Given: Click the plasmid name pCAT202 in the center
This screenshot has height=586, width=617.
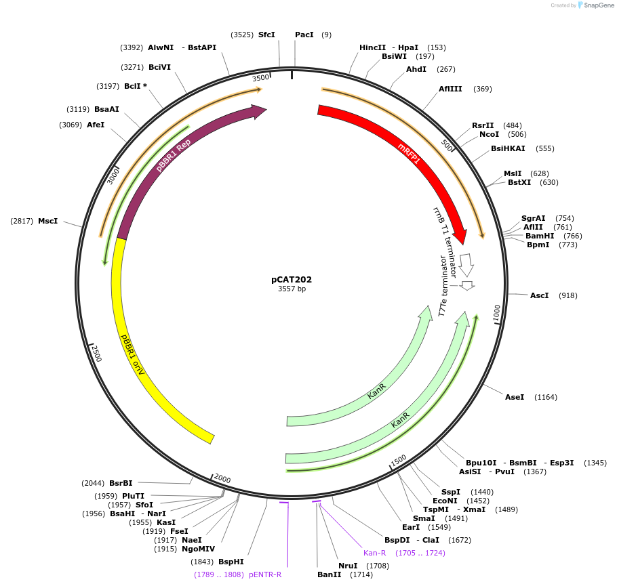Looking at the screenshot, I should [x=292, y=279].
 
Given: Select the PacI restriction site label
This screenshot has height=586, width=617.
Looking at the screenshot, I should [x=304, y=35].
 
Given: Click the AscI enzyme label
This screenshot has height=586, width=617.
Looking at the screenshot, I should [x=540, y=295].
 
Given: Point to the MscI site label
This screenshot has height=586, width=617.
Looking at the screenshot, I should [x=47, y=222].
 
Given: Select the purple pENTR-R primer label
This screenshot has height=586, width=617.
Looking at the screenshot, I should [x=265, y=574].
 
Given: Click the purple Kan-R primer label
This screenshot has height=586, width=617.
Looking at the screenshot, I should [x=374, y=553].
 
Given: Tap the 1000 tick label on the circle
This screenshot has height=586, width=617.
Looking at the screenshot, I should [x=496, y=312].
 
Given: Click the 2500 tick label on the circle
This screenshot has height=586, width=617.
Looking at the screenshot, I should [x=96, y=352].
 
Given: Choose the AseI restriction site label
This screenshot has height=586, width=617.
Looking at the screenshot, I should [x=515, y=397].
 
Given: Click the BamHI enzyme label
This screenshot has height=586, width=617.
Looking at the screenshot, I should [x=540, y=236].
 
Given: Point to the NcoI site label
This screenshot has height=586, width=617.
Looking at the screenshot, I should [x=489, y=134].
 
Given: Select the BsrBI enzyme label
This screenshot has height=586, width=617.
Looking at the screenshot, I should [x=121, y=483].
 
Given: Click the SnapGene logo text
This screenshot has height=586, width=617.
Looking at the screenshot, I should [x=597, y=5].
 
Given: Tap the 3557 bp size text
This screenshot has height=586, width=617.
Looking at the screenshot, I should [x=292, y=289].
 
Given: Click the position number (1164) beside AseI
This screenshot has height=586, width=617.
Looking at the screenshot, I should [x=546, y=397].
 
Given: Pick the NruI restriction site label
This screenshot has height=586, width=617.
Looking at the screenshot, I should [x=348, y=566].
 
